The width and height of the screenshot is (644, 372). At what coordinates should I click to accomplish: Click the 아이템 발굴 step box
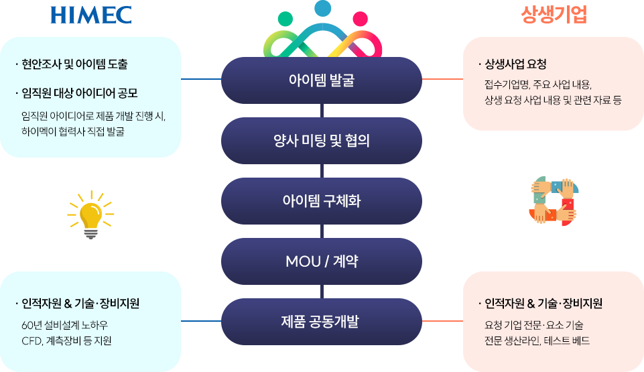[320, 80]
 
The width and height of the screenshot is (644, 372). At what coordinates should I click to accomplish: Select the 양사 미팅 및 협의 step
[320, 141]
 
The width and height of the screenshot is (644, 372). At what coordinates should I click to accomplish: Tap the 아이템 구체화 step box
[320, 200]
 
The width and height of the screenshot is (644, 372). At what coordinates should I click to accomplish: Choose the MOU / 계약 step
[320, 261]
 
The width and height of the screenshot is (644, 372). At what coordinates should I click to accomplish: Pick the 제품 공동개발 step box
[320, 321]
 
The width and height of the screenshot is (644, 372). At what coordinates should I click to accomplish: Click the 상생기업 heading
[554, 15]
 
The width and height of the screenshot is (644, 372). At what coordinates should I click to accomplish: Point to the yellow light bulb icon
[90, 214]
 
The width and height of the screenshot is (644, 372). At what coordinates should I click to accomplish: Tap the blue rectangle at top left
[90, 14]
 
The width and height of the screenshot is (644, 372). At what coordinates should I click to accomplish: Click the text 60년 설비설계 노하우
[64, 326]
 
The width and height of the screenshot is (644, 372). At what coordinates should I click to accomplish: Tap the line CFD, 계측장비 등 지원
[66, 341]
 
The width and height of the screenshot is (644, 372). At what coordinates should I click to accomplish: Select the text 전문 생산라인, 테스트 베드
[537, 341]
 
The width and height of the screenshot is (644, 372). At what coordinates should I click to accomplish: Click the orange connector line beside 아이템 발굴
[442, 79]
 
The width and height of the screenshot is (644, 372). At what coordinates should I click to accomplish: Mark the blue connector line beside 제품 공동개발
[200, 320]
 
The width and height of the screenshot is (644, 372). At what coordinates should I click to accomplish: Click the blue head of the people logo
[323, 9]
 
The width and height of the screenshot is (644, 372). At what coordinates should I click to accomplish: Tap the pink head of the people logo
[360, 19]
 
